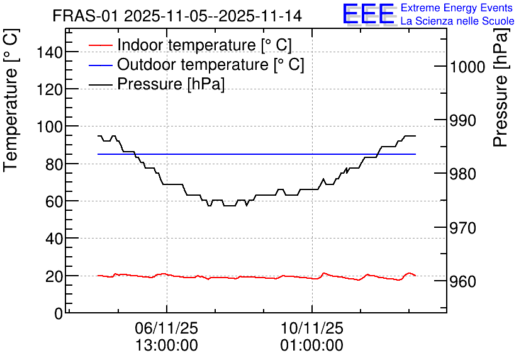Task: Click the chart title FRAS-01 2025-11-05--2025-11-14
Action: [177, 16]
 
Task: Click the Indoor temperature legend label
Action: [204, 45]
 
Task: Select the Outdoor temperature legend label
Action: [211, 64]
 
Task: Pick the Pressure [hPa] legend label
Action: [171, 84]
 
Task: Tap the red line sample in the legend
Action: [100, 45]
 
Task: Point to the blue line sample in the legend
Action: [100, 65]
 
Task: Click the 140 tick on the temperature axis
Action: [50, 52]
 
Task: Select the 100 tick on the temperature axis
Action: [50, 127]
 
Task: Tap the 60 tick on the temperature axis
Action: [54, 201]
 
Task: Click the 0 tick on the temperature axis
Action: [59, 313]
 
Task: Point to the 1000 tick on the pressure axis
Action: [467, 67]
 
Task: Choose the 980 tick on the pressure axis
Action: [463, 174]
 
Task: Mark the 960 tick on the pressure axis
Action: [463, 281]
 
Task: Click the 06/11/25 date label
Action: [167, 328]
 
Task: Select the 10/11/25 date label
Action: [312, 328]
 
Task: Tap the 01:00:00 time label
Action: [312, 346]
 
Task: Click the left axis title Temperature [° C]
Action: [11, 101]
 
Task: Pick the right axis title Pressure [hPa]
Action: [501, 88]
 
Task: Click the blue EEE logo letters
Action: [368, 13]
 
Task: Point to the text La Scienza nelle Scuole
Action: [457, 21]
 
